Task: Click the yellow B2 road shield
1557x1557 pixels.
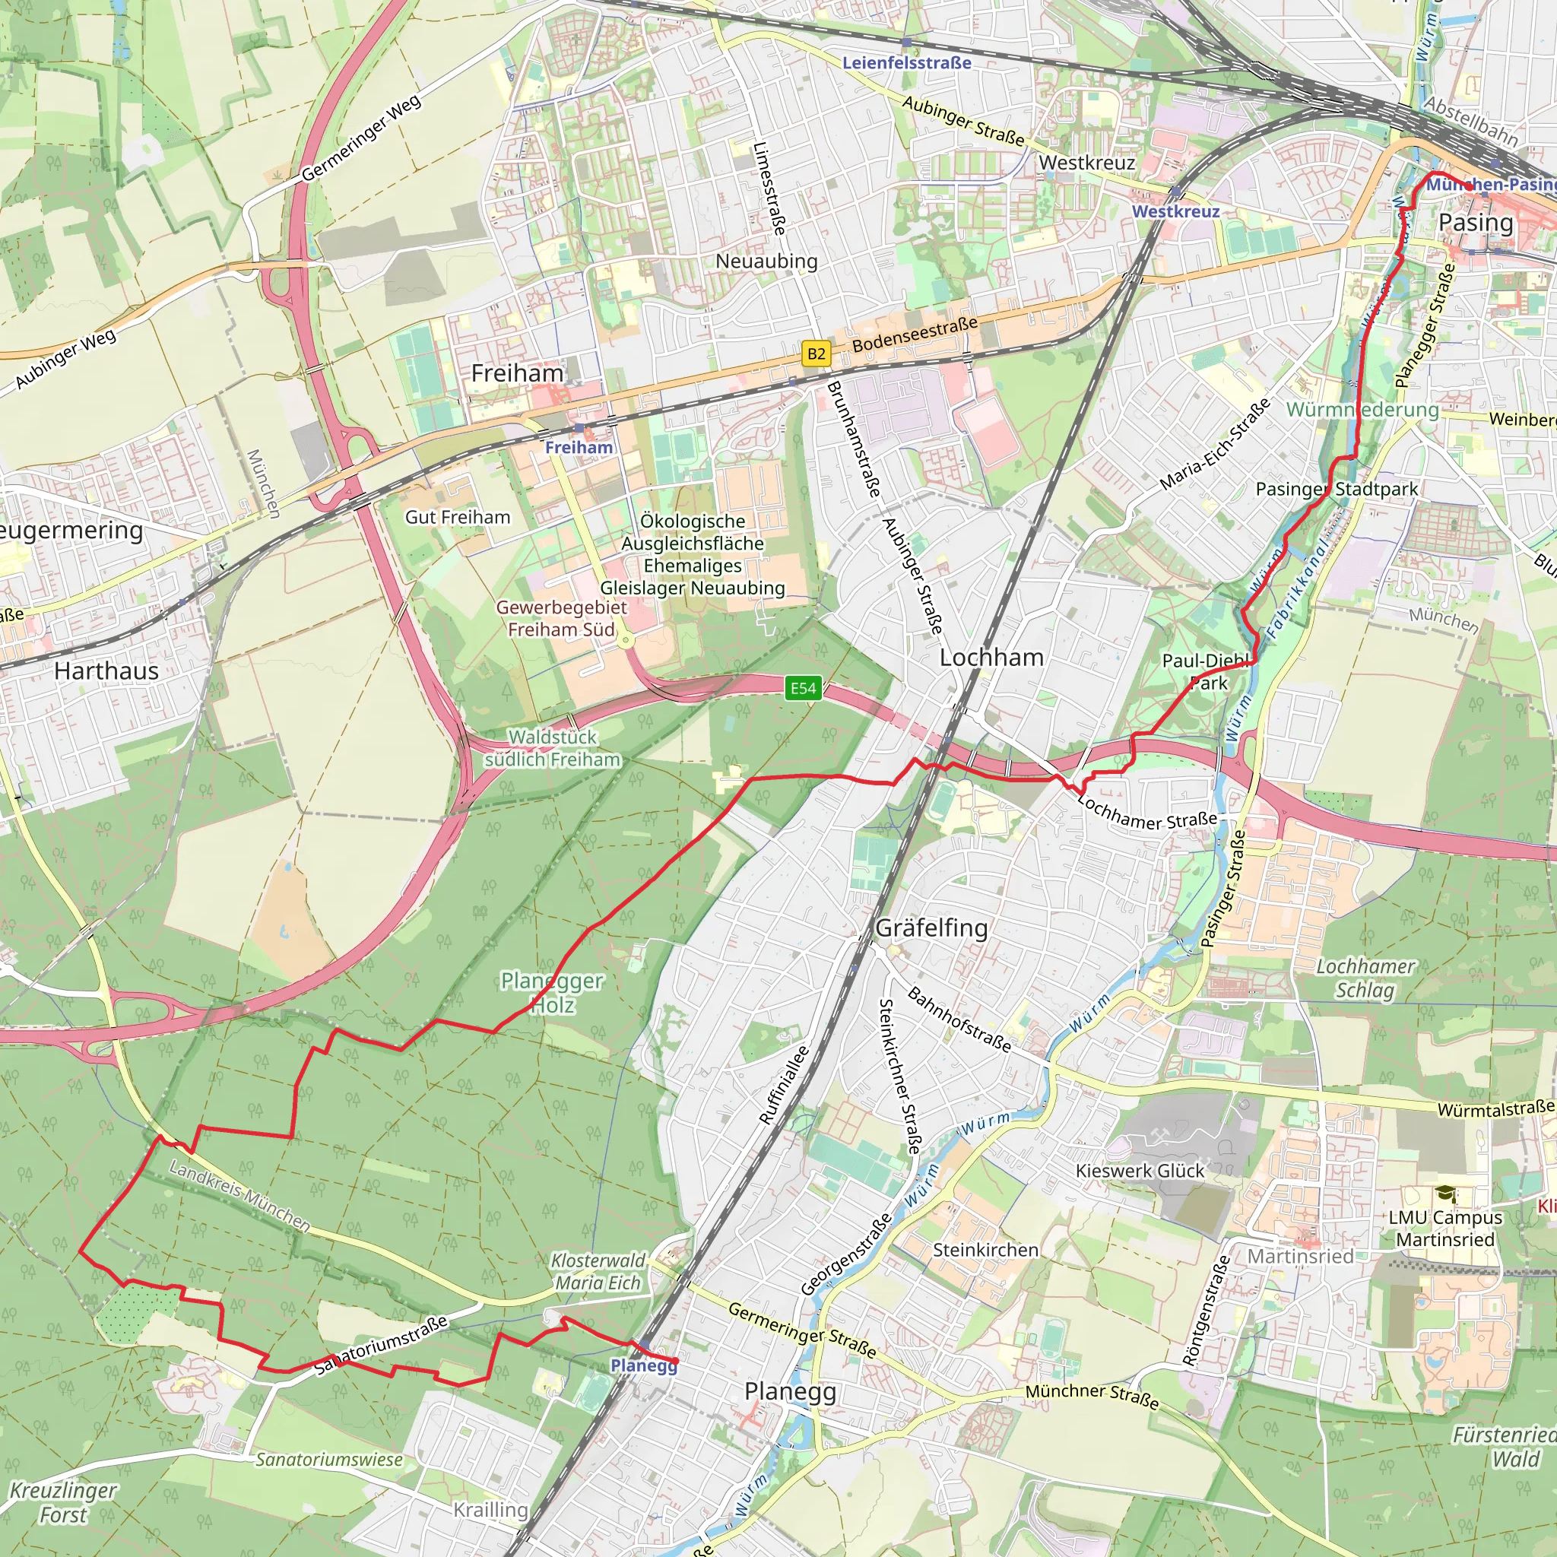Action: click(816, 353)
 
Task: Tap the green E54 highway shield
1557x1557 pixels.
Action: click(803, 687)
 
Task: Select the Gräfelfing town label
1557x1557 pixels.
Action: click(931, 928)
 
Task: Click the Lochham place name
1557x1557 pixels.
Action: click(991, 657)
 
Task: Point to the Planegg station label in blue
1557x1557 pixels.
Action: click(643, 1365)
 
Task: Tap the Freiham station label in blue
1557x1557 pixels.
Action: click(579, 447)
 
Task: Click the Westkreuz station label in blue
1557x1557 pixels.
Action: click(1175, 211)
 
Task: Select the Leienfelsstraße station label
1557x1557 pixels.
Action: click(907, 62)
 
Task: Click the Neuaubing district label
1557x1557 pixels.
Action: click(766, 260)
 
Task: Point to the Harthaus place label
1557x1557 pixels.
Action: click(106, 671)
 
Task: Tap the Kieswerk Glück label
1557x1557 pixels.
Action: click(1140, 1170)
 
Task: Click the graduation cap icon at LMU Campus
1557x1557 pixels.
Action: click(1446, 1194)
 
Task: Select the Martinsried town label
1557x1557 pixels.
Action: click(1300, 1256)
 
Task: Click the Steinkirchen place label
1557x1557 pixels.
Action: click(985, 1249)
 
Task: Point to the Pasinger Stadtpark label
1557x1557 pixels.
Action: click(1337, 488)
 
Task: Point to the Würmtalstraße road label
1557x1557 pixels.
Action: click(1495, 1109)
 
